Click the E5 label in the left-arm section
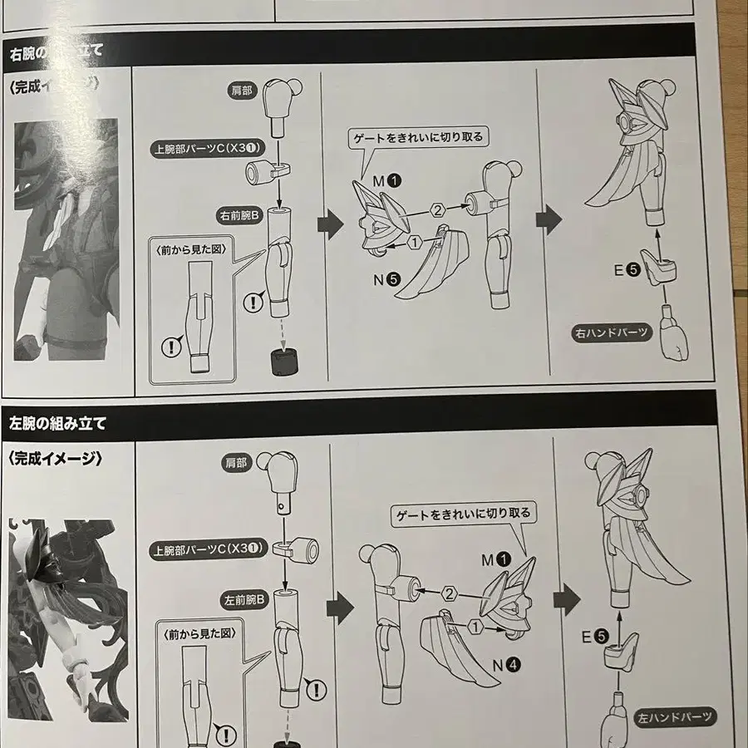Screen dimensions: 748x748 pos(594,638)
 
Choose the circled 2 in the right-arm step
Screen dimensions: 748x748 pos(436,211)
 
